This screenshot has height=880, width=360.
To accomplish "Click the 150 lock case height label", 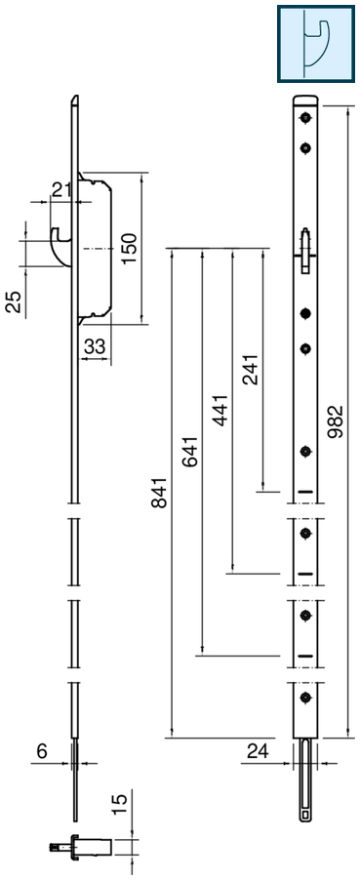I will pos(129,249).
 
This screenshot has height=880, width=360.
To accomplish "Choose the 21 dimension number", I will pos(61,189).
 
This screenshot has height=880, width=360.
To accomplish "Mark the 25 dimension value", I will pos(14,301).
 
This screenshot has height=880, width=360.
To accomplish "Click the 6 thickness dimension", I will pos(41,750).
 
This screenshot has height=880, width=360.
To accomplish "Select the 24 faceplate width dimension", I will pos(257,750).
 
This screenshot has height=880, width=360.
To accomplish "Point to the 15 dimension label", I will pos(119,804).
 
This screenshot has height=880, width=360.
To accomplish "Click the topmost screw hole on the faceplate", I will pos(306,118).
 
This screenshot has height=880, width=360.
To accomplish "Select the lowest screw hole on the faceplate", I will pos(306,697).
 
